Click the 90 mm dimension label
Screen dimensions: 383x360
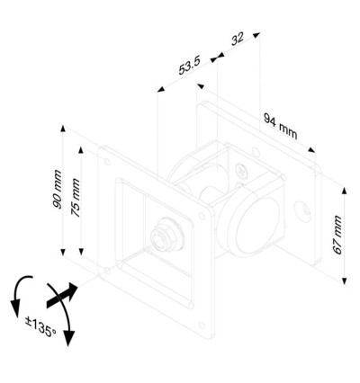57,193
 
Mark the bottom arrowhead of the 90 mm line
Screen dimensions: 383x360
63,255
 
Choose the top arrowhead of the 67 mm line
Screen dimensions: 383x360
346,190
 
